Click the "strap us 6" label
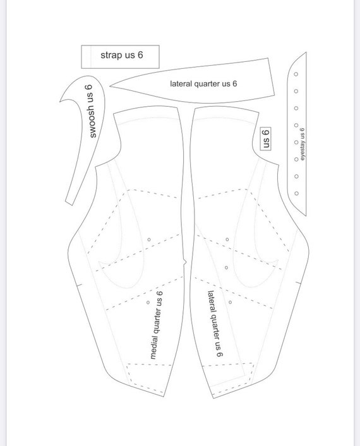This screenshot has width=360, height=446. (122, 55)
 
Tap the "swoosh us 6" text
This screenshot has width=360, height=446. (92, 111)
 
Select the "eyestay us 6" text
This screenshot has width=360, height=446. (302, 144)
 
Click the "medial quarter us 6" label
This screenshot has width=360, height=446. (157, 325)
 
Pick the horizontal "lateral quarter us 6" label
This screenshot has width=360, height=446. (203, 83)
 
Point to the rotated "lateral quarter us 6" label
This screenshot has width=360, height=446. (215, 323)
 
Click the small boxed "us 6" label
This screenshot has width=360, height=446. (266, 139)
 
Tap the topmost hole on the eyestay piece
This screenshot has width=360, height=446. (296, 74)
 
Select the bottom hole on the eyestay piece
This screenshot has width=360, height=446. (297, 193)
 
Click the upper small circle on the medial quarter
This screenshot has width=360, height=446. (148, 240)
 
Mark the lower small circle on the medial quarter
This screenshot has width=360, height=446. (148, 302)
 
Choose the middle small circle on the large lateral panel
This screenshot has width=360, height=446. (226, 268)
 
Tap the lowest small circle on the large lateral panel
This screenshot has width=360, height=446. (230, 302)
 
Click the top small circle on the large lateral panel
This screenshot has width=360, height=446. (227, 239)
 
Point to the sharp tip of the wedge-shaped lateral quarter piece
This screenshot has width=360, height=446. (110, 86)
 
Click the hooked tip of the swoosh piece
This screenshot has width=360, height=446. (60, 100)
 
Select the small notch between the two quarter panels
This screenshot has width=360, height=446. (185, 262)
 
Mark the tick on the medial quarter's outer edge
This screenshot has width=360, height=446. (79, 284)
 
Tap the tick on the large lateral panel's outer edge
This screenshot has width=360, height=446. (297, 282)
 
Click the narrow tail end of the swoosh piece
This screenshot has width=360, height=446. (69, 203)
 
